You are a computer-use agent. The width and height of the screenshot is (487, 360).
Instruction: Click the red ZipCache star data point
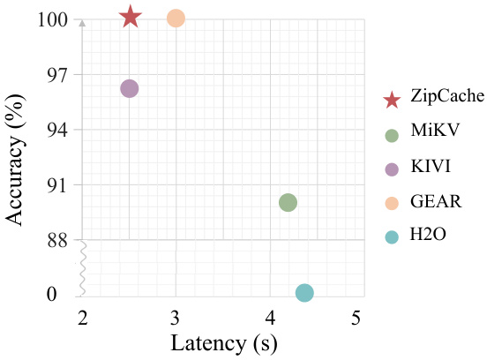point(130,17)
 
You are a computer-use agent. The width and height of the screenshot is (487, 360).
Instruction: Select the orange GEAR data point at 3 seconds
point(176,18)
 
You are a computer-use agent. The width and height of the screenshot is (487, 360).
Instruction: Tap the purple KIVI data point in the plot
point(130,88)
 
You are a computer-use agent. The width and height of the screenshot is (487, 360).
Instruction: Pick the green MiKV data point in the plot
point(288,202)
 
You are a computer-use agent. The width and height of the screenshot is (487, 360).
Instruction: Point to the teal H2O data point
point(304,293)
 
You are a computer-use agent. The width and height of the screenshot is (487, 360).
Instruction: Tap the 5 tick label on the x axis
point(358,318)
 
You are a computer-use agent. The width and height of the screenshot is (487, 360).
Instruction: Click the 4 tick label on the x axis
point(267,318)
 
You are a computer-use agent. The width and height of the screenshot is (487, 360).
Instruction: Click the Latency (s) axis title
point(221,342)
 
